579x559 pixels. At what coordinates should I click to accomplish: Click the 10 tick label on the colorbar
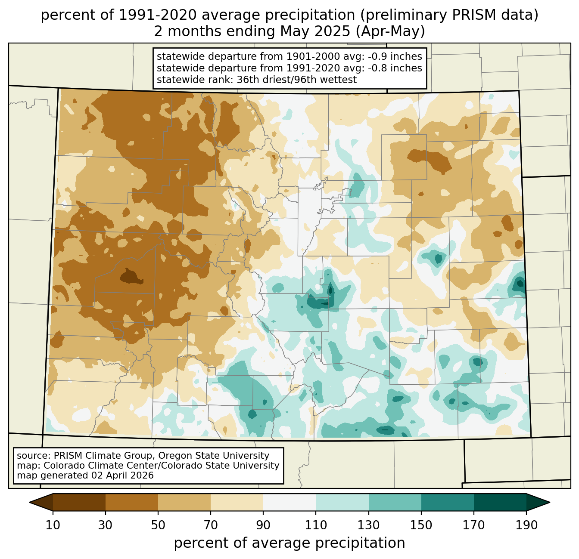[53, 525]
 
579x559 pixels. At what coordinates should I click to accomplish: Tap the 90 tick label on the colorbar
[263, 525]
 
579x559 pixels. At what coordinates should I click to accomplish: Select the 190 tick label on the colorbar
[526, 525]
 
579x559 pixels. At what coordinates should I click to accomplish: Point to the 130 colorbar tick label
[368, 525]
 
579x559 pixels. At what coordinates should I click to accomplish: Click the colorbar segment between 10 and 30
[79, 502]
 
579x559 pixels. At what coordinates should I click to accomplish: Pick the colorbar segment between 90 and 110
[289, 502]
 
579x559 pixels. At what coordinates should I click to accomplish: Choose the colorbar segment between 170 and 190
[500, 502]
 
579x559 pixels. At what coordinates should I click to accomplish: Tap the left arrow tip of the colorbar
[29, 502]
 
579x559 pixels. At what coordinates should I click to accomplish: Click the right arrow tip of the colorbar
[550, 502]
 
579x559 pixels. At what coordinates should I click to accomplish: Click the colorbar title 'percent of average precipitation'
[289, 543]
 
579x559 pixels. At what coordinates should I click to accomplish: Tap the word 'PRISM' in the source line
[66, 456]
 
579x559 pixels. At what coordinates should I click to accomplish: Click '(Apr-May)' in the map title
[390, 31]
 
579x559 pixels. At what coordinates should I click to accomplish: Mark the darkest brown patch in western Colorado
[131, 277]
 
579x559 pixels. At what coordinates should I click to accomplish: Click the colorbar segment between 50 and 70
[184, 502]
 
